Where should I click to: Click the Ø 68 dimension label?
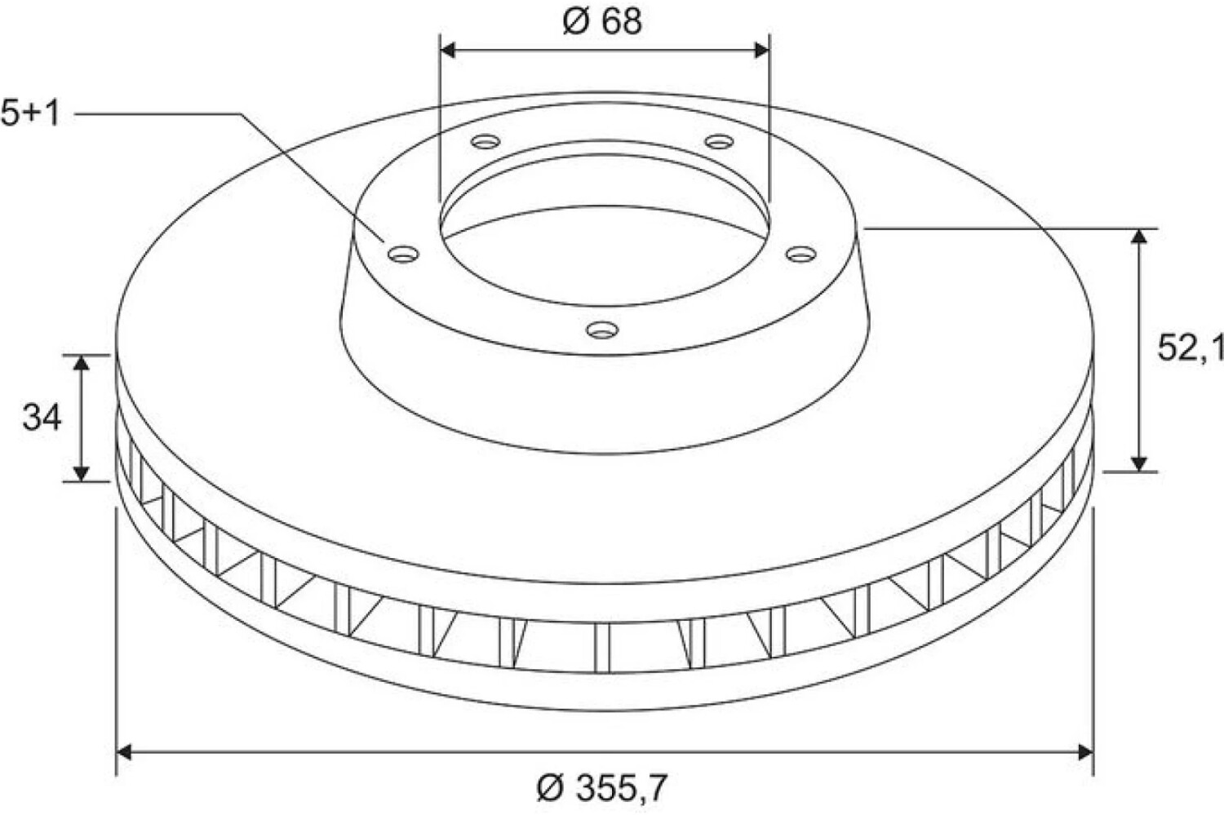(x=603, y=22)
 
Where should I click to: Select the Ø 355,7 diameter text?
(x=601, y=788)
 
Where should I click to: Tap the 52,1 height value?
(x=1190, y=348)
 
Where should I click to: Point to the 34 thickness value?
(x=42, y=418)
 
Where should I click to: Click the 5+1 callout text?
(x=30, y=113)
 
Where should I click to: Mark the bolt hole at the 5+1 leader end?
(x=403, y=254)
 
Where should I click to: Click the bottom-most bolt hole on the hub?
(x=602, y=330)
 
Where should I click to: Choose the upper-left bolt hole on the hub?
(x=486, y=142)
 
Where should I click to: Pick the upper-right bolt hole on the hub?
(x=719, y=142)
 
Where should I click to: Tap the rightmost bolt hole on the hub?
(x=801, y=254)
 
